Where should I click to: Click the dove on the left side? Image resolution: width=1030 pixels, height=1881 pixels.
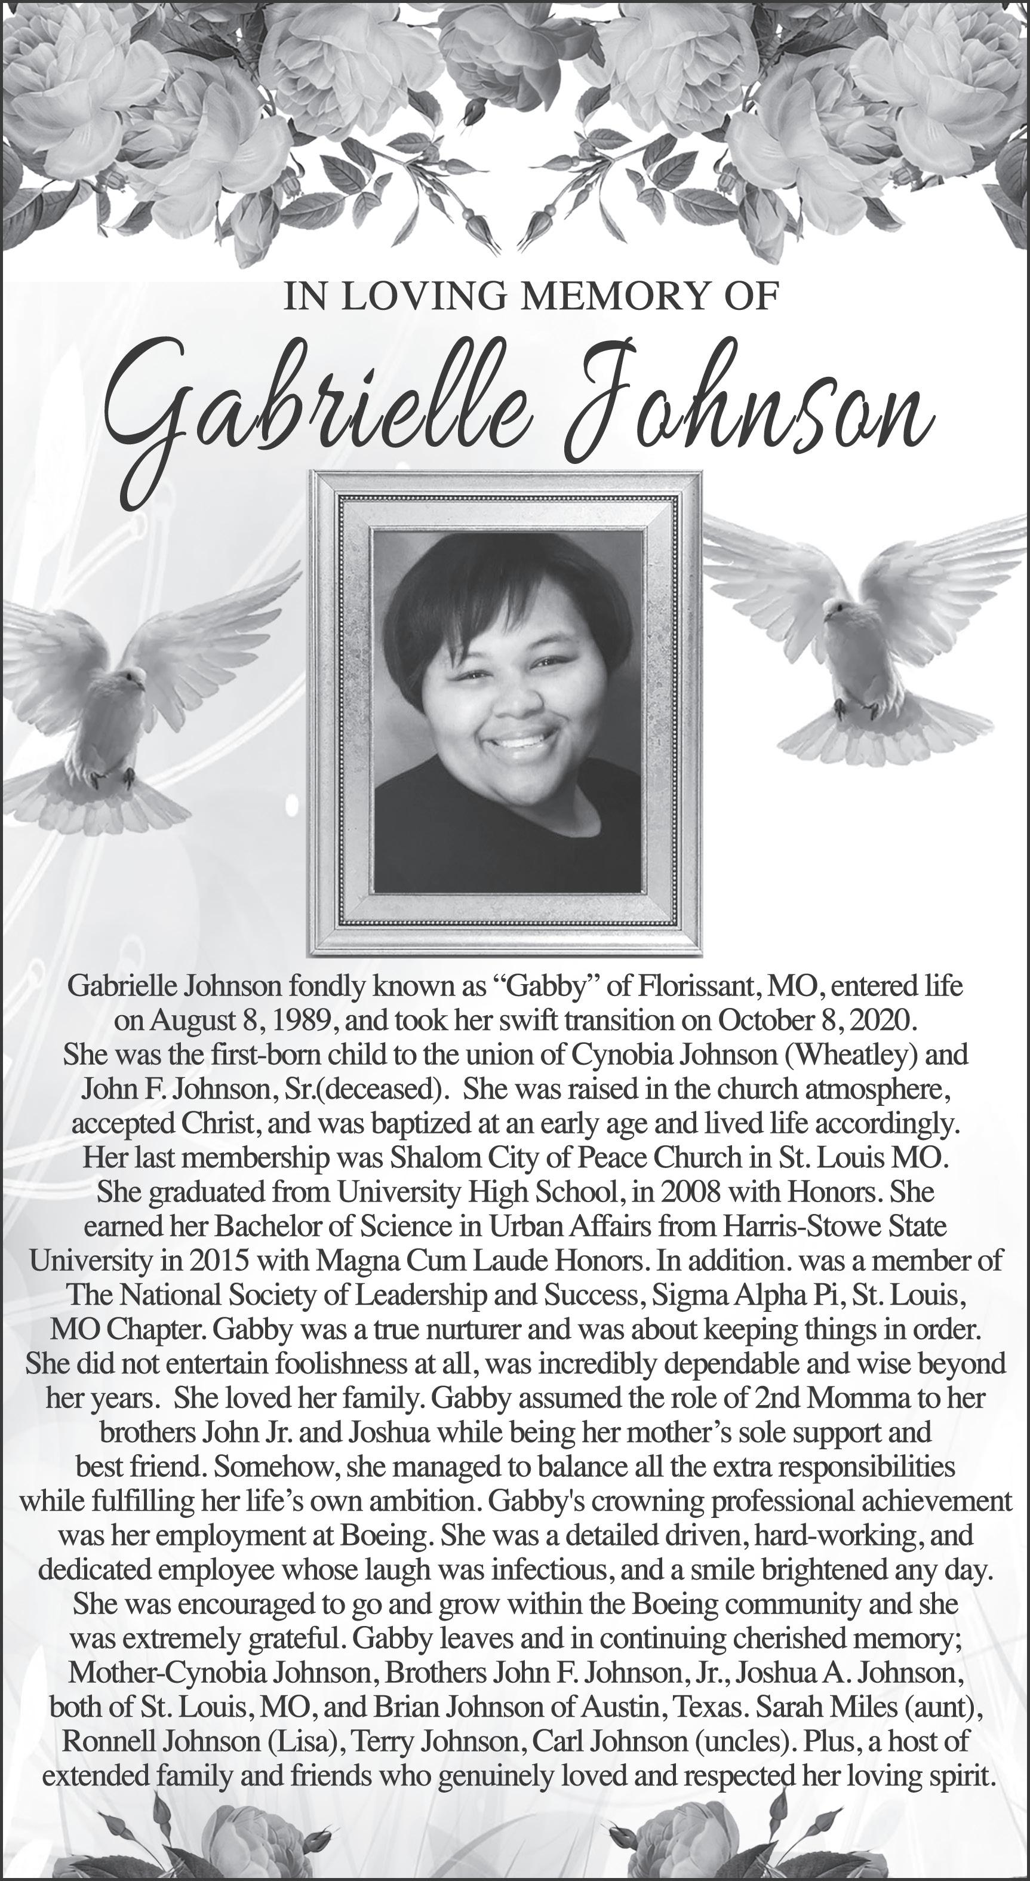coord(131,701)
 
